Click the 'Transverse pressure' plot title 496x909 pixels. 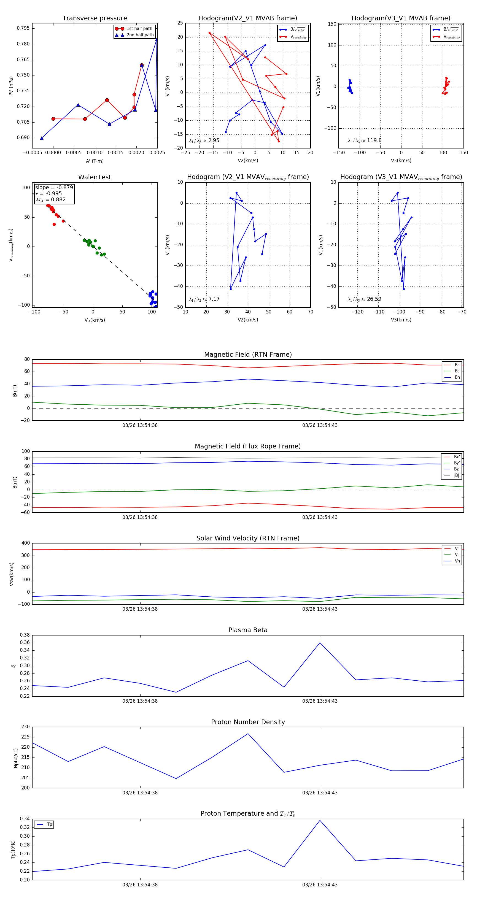[x=95, y=18]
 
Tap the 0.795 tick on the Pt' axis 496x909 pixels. [x=23, y=28]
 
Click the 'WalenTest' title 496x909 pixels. [x=95, y=177]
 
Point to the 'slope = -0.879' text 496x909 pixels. [x=54, y=187]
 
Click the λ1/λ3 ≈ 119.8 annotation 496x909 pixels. [x=364, y=140]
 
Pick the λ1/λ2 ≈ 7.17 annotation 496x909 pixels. [x=204, y=299]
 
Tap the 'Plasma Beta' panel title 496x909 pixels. [x=248, y=630]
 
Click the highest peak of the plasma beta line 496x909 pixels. [x=320, y=643]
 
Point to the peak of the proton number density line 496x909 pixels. [x=248, y=734]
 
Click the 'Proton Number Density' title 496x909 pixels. [x=248, y=722]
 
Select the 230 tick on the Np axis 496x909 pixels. [x=25, y=727]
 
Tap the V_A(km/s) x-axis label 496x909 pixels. [x=95, y=320]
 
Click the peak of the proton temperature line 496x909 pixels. [x=320, y=820]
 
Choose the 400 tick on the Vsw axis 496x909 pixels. [x=25, y=543]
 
